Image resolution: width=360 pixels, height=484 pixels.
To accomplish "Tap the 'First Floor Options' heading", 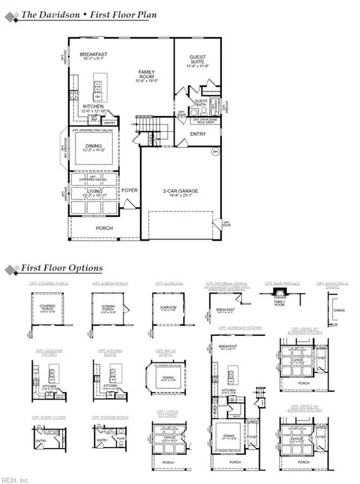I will pyautogui.click(x=62, y=268).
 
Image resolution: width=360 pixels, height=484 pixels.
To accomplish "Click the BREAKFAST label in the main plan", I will pyautogui.click(x=93, y=55).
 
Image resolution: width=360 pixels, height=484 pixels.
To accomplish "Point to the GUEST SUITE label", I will pyautogui.click(x=197, y=60).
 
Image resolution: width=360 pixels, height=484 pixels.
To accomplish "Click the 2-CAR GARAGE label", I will pyautogui.click(x=180, y=191).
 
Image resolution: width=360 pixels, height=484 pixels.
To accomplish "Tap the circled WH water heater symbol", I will pyautogui.click(x=215, y=151).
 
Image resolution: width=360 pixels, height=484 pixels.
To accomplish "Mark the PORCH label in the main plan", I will pyautogui.click(x=104, y=228).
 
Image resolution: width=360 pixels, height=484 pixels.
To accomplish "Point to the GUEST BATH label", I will pyautogui.click(x=201, y=103).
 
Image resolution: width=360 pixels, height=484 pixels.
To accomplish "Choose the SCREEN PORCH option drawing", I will pyautogui.click(x=108, y=308).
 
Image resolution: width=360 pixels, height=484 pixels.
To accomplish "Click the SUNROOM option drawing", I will pyautogui.click(x=168, y=308).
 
